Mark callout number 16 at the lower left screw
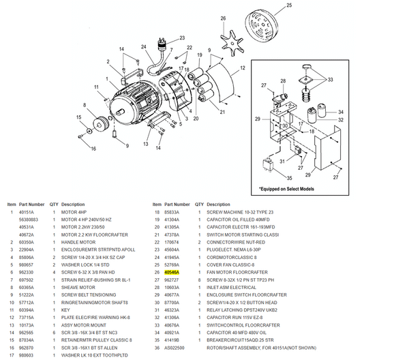[x=93, y=148]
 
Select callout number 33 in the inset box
[x=332, y=80]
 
